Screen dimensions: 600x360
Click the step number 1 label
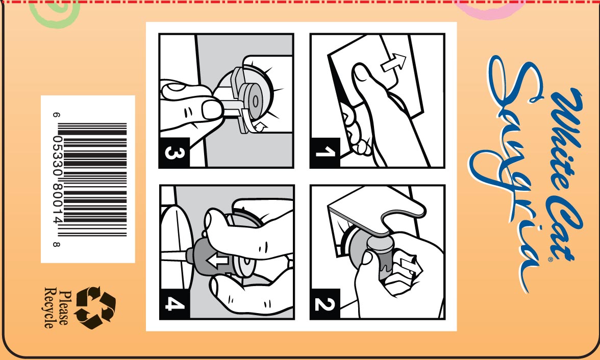(325, 152)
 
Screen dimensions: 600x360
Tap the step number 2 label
(325, 304)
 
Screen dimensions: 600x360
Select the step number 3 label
(174, 152)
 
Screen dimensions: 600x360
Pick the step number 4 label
(174, 304)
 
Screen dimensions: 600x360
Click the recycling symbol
(95, 308)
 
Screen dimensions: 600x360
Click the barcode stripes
(92, 179)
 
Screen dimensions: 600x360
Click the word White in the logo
(565, 138)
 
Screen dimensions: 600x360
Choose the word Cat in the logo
(565, 229)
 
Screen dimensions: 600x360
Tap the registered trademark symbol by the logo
(551, 260)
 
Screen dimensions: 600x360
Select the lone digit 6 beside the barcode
(56, 115)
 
